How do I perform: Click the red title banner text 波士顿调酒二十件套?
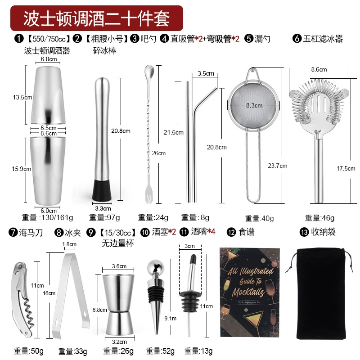coord(96,18)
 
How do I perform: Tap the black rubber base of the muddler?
coord(102,190)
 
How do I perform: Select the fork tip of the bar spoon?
coord(149,198)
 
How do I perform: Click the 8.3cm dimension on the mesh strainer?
coord(254,105)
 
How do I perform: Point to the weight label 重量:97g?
coord(104,217)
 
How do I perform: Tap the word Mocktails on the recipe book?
coord(248,292)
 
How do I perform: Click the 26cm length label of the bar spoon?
coord(159,153)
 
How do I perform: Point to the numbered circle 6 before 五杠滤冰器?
coord(297,38)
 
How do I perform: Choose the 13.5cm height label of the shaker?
coord(22,97)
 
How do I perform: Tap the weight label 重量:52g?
coord(160,351)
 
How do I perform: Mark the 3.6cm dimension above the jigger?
coord(119,266)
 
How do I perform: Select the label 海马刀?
coord(31,233)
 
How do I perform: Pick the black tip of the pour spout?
coord(193,259)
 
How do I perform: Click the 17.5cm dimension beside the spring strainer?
coord(346,168)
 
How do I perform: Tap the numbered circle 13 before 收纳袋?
coord(304,232)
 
